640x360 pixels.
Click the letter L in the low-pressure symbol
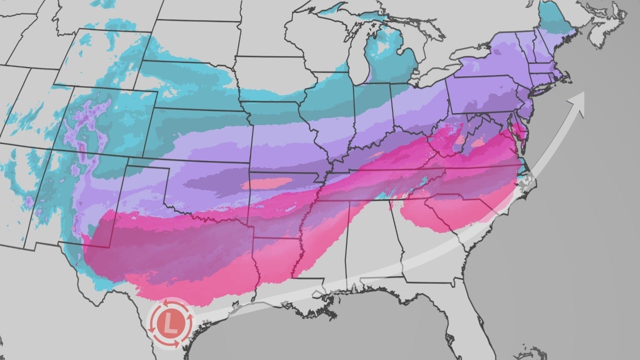tap(170, 323)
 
